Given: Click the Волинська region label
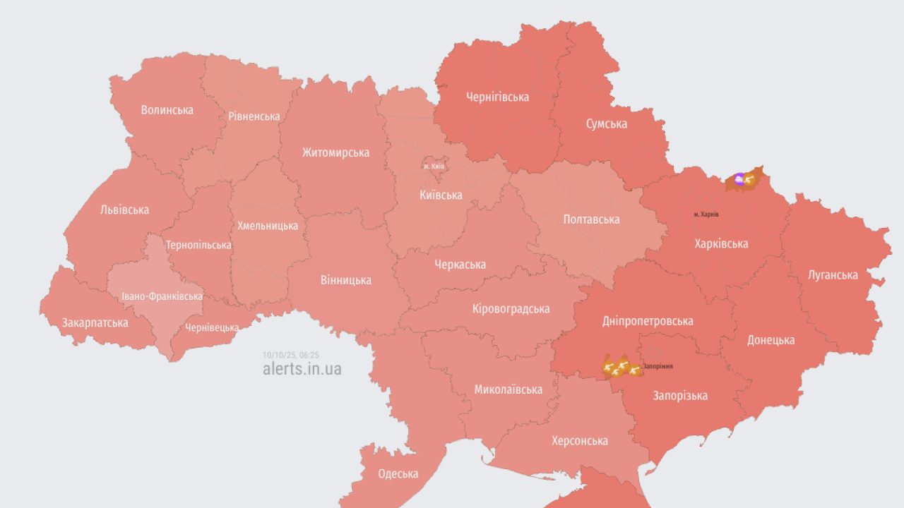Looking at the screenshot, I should point(167,110).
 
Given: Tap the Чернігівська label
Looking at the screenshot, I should point(497,97).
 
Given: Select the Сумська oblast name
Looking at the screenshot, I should point(606,124).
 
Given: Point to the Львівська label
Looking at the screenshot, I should point(124,210).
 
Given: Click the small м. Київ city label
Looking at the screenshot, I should point(434,166).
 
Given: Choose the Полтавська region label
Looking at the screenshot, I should point(591,219).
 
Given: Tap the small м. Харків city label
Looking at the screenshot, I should point(706,214).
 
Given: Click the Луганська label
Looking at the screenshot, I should point(833,275).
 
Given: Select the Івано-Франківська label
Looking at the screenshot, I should point(162,296).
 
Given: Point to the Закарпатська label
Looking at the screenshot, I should point(95,323).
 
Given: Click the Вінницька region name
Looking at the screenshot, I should point(345,280).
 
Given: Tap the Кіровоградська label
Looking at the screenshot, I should point(511,309).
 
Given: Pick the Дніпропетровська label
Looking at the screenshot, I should point(648,321).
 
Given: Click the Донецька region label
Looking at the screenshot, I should point(771,340).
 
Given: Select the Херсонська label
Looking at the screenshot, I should point(579,441).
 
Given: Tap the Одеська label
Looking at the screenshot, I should point(398,474).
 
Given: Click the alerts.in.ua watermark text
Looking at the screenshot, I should point(302,369).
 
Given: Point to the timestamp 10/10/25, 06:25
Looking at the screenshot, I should point(290,355).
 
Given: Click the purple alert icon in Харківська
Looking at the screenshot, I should point(739,179).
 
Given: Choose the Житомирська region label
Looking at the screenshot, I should point(335,152).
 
